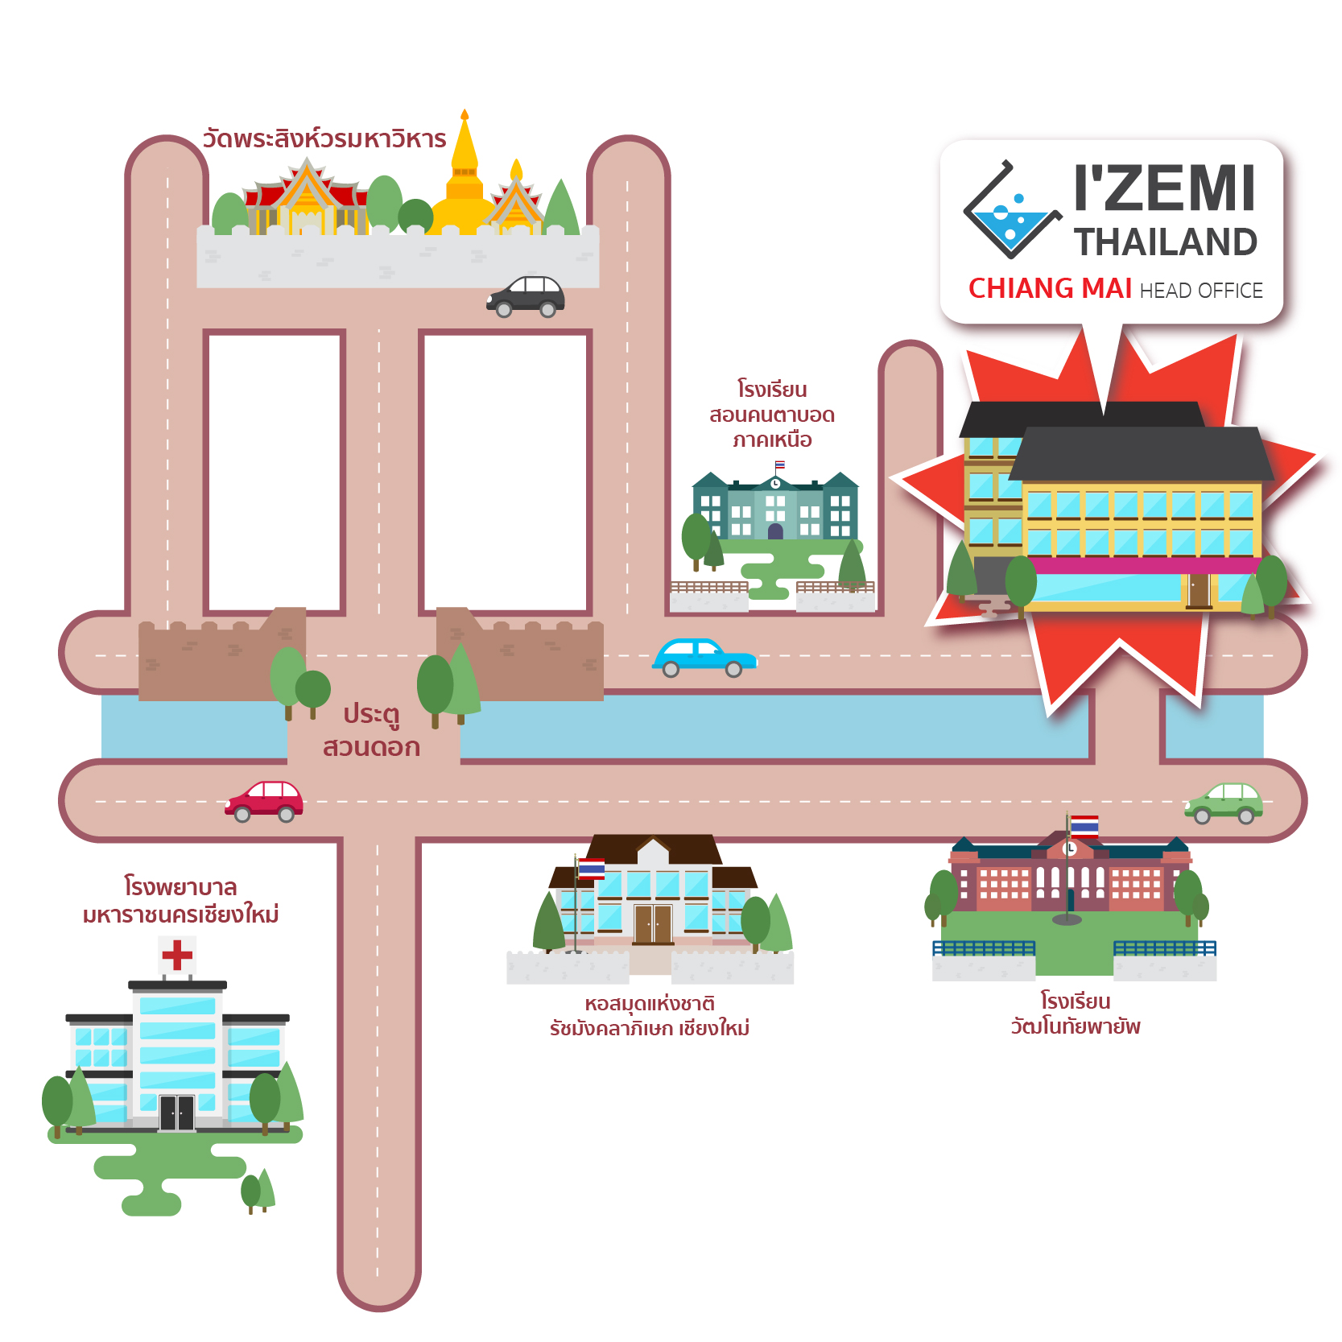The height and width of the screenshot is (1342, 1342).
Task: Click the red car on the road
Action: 264,801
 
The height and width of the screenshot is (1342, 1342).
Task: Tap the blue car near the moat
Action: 704,658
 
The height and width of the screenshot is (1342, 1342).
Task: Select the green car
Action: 1224,803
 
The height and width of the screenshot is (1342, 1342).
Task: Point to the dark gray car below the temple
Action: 526,296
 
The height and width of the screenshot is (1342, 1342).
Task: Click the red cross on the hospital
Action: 177,956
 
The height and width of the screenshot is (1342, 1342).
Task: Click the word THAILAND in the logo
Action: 1165,242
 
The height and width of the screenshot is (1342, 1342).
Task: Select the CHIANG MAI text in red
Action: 1050,288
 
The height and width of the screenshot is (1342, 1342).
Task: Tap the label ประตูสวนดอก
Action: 371,730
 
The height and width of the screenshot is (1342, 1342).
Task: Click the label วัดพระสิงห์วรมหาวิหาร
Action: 324,139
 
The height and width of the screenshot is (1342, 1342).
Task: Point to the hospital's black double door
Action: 177,1113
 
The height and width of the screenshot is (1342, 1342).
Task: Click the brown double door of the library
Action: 653,923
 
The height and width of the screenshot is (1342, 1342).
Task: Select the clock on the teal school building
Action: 775,484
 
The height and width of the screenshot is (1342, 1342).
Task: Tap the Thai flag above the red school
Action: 1084,826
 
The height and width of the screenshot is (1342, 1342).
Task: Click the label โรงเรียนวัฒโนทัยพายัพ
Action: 1076,1014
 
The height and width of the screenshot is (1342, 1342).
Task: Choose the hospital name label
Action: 180,901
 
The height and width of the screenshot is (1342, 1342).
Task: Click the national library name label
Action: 650,1016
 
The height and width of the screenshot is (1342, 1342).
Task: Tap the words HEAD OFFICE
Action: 1201,291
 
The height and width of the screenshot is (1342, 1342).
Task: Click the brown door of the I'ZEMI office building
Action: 1199,590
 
